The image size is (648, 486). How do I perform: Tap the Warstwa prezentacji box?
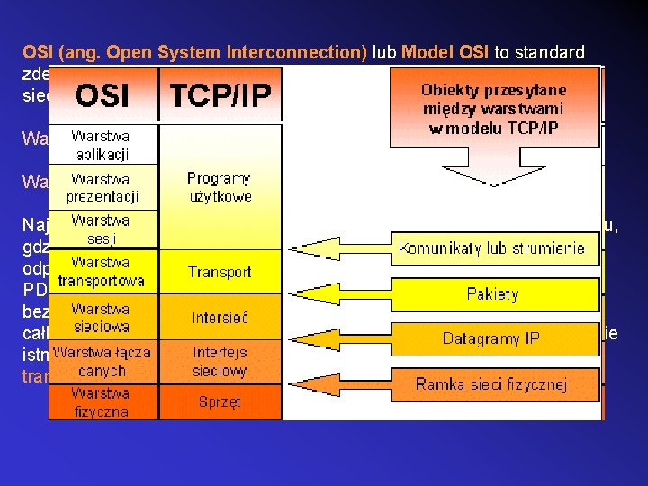(x=101, y=186)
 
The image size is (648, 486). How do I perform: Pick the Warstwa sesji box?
(x=101, y=229)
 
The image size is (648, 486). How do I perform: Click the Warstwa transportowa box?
(x=101, y=272)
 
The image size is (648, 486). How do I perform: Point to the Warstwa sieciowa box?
(x=101, y=317)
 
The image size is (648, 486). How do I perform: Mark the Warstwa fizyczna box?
(x=101, y=402)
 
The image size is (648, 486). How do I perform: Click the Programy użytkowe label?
(x=220, y=187)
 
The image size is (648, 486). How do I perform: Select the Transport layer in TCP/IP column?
(x=220, y=272)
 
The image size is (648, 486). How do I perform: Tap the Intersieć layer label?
(x=220, y=317)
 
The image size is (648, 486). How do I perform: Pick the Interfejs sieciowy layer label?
(x=220, y=360)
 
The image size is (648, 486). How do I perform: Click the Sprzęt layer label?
(x=220, y=402)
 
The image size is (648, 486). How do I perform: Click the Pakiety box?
(x=493, y=293)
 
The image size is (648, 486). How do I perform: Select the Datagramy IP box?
(x=493, y=338)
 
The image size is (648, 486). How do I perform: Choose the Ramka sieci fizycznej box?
(x=491, y=384)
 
